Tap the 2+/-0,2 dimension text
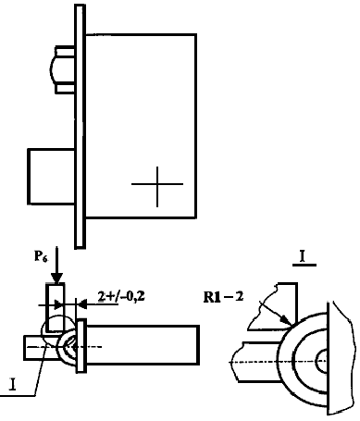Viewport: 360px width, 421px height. click(x=121, y=296)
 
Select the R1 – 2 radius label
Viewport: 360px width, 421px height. click(x=223, y=297)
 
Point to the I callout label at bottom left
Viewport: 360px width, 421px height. click(x=13, y=385)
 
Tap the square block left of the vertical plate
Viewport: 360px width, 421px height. click(x=51, y=177)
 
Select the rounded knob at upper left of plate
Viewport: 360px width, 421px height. click(x=62, y=69)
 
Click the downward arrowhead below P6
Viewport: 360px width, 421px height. click(x=56, y=278)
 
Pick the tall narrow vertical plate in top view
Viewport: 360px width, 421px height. click(x=81, y=127)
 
